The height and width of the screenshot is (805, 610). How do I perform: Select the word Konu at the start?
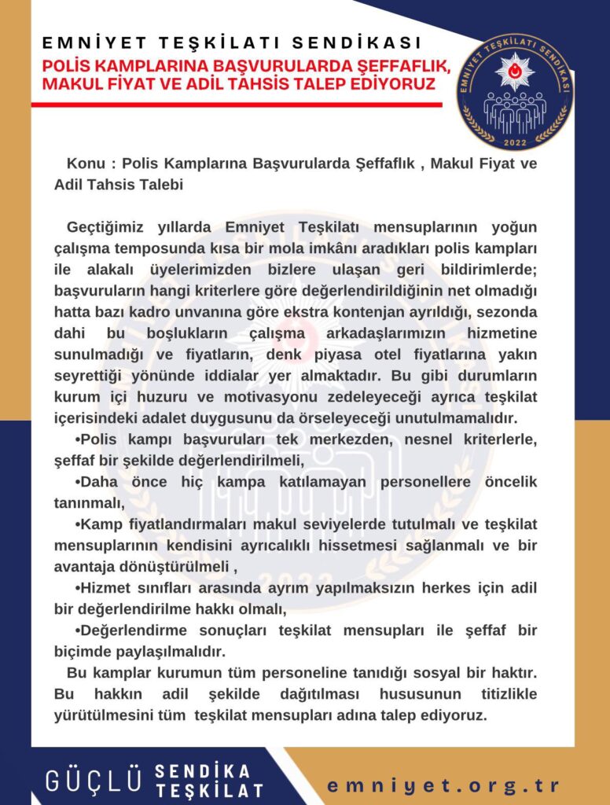(x=86, y=165)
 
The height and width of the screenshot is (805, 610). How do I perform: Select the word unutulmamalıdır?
(x=451, y=417)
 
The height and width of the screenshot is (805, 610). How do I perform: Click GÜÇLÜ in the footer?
(x=94, y=781)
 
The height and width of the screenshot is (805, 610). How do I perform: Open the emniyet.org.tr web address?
(x=443, y=786)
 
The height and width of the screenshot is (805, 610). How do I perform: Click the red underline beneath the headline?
(x=236, y=105)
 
